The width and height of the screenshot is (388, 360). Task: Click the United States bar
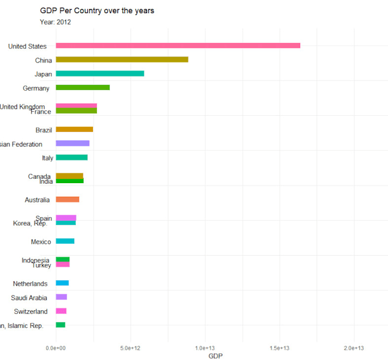[177, 46]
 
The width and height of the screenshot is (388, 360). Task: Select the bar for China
[122, 59]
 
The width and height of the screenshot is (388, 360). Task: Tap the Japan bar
[100, 74]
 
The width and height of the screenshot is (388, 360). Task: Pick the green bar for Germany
[83, 87]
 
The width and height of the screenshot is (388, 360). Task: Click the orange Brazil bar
[74, 130]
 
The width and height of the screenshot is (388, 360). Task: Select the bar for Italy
[71, 157]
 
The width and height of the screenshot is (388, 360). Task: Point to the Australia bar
[67, 199]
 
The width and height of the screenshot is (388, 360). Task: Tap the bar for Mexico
[65, 241]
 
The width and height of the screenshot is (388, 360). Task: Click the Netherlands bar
[62, 283]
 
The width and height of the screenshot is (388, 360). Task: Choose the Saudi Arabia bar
[61, 297]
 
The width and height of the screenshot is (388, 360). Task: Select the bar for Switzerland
[61, 311]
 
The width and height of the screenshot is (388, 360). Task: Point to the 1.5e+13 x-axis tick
[279, 347]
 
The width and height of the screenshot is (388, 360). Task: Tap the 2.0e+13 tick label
[354, 347]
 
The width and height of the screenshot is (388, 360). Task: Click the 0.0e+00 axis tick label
[55, 347]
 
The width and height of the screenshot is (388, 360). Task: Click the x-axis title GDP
[216, 355]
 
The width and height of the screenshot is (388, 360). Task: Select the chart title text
[97, 10]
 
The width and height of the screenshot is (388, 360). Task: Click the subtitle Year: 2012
[55, 22]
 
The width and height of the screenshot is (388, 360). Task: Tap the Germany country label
[36, 88]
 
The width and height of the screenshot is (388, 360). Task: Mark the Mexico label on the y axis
[41, 242]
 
